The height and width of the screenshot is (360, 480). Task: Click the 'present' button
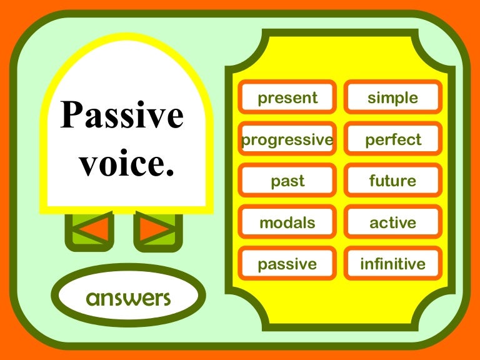[x=287, y=98]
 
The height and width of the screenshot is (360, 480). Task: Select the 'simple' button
[x=392, y=98]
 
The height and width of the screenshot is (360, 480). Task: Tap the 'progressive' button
[x=287, y=140]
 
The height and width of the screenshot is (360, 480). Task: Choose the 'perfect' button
[x=392, y=140]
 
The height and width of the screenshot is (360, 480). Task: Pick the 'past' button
[x=287, y=181]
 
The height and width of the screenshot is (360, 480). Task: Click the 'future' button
[x=392, y=181]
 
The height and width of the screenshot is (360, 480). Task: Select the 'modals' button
[x=287, y=222]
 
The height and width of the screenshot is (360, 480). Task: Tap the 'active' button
[x=392, y=222]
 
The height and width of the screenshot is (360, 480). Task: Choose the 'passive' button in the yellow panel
[x=287, y=264]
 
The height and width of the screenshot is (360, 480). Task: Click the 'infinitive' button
[x=392, y=264]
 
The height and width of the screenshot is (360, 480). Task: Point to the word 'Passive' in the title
[x=122, y=116]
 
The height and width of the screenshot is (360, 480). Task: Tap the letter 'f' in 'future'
[x=372, y=181]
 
